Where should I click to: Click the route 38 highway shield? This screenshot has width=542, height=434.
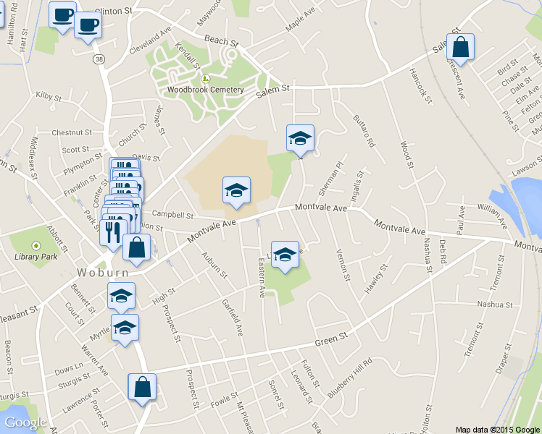[98, 59]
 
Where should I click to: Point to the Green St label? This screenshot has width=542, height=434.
[332, 339]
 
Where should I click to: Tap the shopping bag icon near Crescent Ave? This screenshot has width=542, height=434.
[460, 48]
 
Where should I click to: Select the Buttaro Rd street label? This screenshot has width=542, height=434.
[363, 131]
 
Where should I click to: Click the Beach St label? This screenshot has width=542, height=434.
[221, 40]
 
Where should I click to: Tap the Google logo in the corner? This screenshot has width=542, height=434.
[25, 422]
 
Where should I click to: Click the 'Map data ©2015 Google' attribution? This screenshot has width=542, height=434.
[497, 429]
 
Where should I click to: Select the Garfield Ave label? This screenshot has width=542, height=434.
[233, 317]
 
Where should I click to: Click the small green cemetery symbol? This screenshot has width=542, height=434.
[205, 79]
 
